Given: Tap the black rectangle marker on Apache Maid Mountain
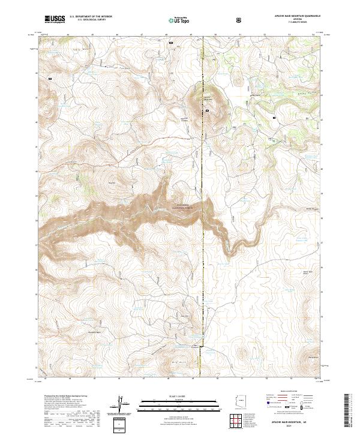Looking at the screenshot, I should [x=208, y=111].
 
